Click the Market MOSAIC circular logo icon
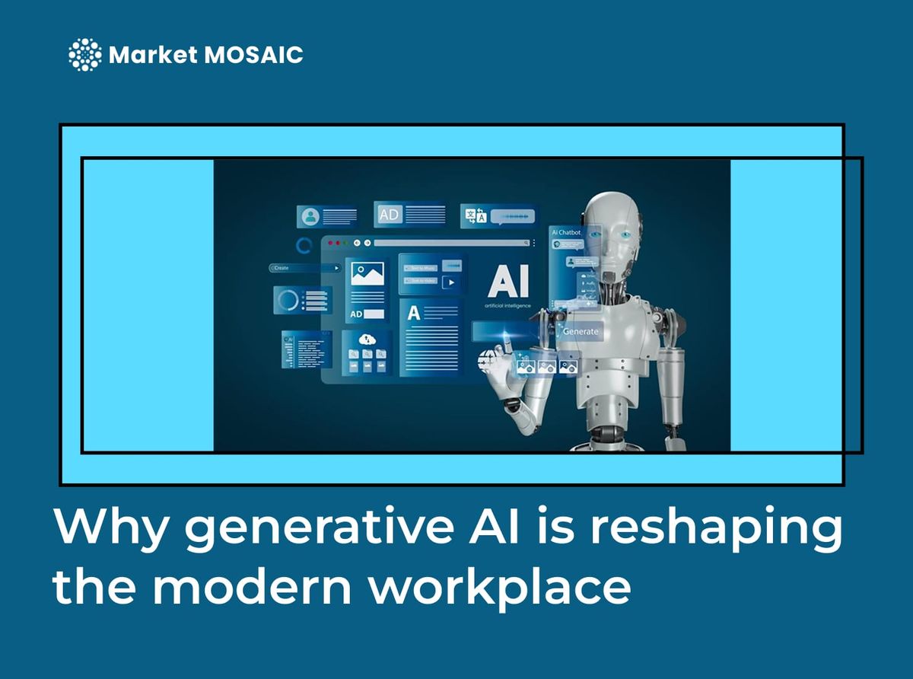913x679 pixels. pos(84,55)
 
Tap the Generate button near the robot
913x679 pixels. pos(580,332)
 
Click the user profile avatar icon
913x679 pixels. pos(310,216)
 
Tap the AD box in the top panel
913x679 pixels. pos(389,215)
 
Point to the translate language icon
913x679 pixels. pos(476,216)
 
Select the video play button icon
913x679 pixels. pos(451,282)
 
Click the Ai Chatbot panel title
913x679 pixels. pos(565,231)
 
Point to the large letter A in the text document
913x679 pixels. pos(414,312)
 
